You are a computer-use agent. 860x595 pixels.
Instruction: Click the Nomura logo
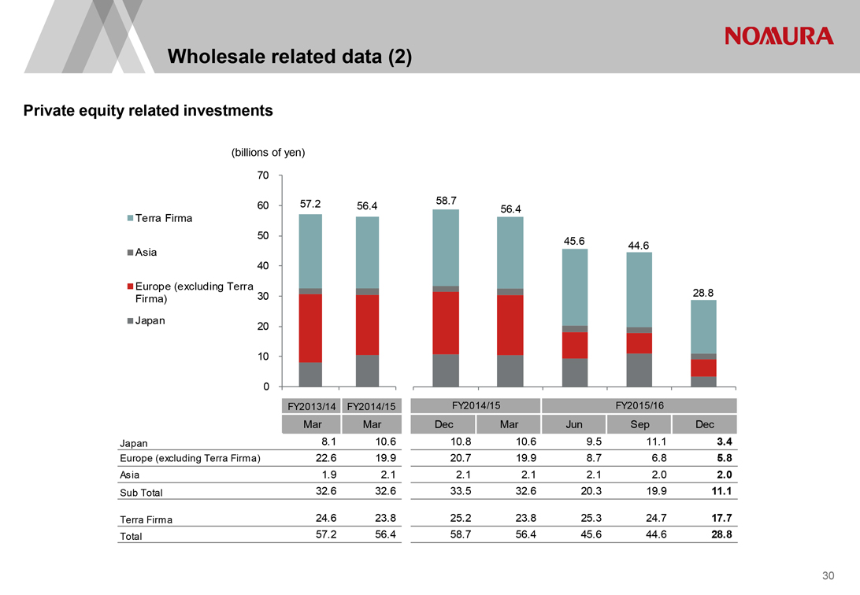[778, 36]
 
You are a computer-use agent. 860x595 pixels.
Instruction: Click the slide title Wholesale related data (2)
[290, 57]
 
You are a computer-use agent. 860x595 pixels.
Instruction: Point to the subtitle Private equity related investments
[149, 111]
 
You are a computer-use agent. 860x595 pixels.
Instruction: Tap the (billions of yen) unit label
[268, 153]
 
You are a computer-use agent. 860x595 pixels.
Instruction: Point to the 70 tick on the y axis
[263, 176]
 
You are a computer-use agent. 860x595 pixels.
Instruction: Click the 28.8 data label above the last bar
[703, 292]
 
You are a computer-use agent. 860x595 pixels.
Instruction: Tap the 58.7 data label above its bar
[447, 201]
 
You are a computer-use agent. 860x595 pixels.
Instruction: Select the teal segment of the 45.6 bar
[575, 287]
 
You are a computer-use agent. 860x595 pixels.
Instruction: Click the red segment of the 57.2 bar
[310, 327]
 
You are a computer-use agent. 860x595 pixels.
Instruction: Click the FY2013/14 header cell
[310, 406]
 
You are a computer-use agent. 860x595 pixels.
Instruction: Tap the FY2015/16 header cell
[639, 405]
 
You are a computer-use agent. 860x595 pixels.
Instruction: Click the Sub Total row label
[141, 493]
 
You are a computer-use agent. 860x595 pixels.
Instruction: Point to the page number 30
[828, 577]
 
